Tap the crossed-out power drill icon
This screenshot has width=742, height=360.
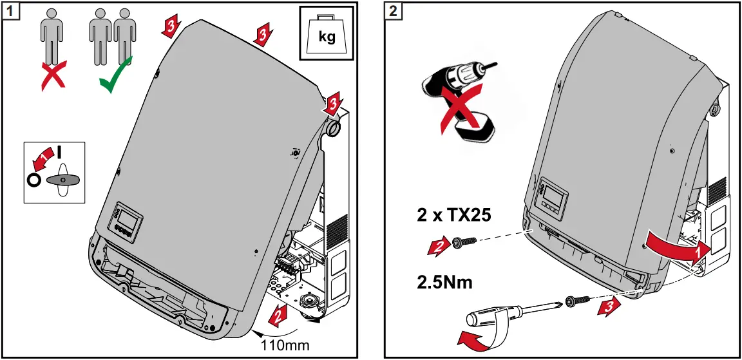[x=459, y=103]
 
